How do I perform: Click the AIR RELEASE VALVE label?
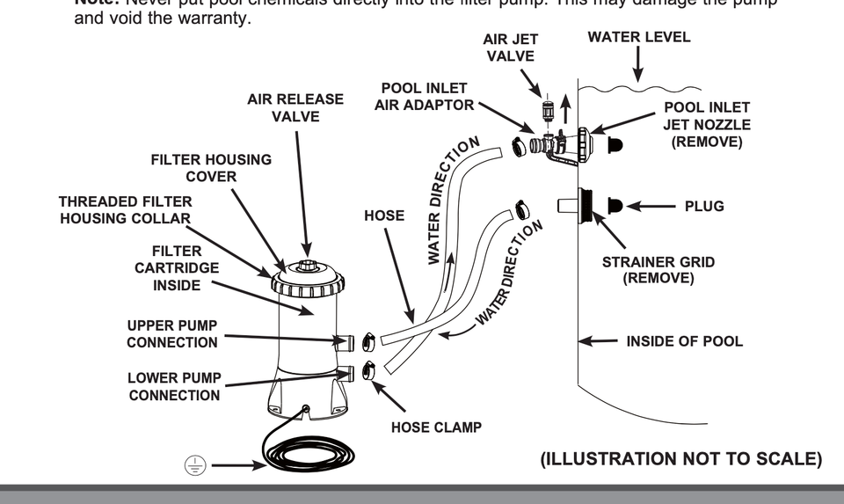coord(295,107)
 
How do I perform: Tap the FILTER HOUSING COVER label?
coord(211,168)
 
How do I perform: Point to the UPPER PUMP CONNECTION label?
coord(171,334)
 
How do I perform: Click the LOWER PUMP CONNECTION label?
coord(174,387)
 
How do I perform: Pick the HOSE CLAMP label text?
coord(436,428)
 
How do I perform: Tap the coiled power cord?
coord(304,454)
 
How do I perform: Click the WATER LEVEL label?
coord(639,38)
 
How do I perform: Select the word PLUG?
coord(704,207)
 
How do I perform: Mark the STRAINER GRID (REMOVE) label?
coord(658,270)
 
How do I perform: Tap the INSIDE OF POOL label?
coord(684,341)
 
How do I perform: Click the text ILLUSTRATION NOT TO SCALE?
coord(681,459)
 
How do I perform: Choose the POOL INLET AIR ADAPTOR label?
coord(424,97)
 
